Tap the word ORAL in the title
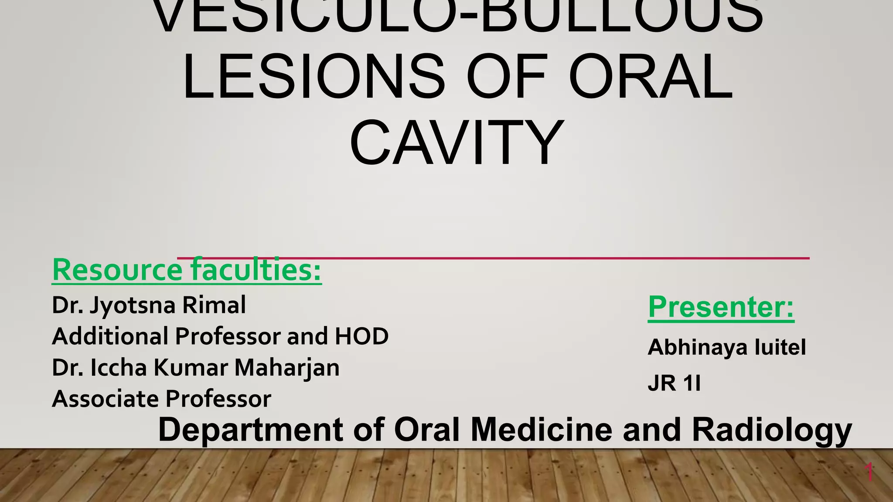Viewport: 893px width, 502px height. coord(651,77)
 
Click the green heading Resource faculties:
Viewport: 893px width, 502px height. coord(187,270)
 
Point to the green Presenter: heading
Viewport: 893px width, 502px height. coord(721,307)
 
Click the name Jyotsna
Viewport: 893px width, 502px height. coord(133,305)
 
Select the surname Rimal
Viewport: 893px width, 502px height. coord(214,305)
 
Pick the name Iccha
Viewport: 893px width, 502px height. coord(119,367)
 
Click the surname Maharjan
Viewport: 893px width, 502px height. coord(287,368)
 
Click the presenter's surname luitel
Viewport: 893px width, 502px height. coord(780,347)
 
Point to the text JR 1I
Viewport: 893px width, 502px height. coord(674,383)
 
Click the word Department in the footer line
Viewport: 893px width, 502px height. coord(250,430)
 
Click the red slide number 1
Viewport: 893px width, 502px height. coord(869,472)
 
